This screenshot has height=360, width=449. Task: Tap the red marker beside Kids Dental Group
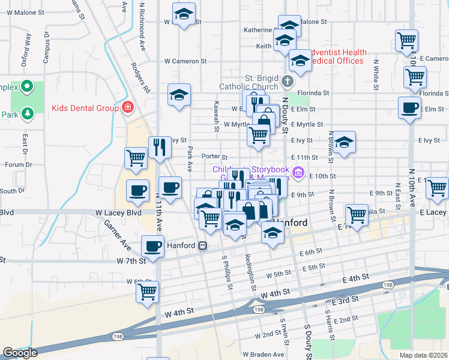click(127, 108)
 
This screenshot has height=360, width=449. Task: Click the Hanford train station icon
click(203, 245)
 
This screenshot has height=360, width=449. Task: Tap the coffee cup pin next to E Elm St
click(410, 108)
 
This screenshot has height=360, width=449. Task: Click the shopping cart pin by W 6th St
click(147, 292)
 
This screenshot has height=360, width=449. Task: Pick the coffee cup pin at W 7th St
click(152, 246)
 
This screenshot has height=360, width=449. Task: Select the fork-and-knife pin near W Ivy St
click(160, 147)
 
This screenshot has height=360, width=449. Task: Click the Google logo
click(20, 353)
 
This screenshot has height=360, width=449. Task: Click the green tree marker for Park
click(26, 113)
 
